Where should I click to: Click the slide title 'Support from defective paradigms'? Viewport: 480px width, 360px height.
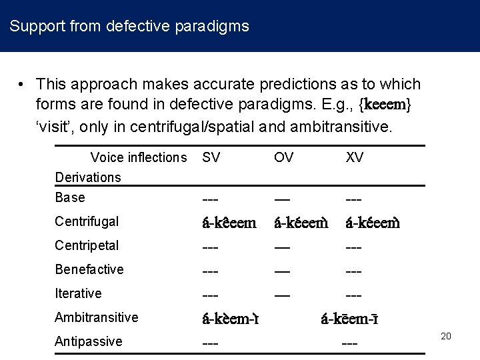pyautogui.click(x=129, y=27)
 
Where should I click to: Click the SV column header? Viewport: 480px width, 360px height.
pyautogui.click(x=211, y=157)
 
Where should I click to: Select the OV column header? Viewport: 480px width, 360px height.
pyautogui.click(x=283, y=157)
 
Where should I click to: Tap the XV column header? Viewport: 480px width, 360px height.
pyautogui.click(x=355, y=157)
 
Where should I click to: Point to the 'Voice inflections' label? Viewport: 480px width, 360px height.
pyautogui.click(x=139, y=157)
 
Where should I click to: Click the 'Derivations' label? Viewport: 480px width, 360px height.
pyautogui.click(x=88, y=177)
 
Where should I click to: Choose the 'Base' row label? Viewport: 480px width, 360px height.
pyautogui.click(x=70, y=197)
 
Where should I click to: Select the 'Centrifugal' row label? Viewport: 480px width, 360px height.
pyautogui.click(x=87, y=221)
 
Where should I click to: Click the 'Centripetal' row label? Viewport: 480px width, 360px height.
pyautogui.click(x=87, y=245)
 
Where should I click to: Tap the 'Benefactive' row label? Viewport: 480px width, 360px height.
pyautogui.click(x=89, y=269)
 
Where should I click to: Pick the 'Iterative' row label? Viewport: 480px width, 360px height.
pyautogui.click(x=78, y=293)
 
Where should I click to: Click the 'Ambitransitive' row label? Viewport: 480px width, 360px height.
pyautogui.click(x=97, y=317)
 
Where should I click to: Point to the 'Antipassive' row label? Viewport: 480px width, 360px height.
pyautogui.click(x=89, y=341)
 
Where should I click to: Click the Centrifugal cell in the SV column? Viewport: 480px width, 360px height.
pyautogui.click(x=229, y=222)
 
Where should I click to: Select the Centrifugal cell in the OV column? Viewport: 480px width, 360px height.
pyautogui.click(x=301, y=222)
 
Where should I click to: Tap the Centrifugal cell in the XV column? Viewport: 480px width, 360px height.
pyautogui.click(x=373, y=222)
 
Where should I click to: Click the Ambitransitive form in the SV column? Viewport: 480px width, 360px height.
pyautogui.click(x=231, y=318)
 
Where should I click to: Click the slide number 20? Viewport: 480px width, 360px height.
pyautogui.click(x=446, y=336)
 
